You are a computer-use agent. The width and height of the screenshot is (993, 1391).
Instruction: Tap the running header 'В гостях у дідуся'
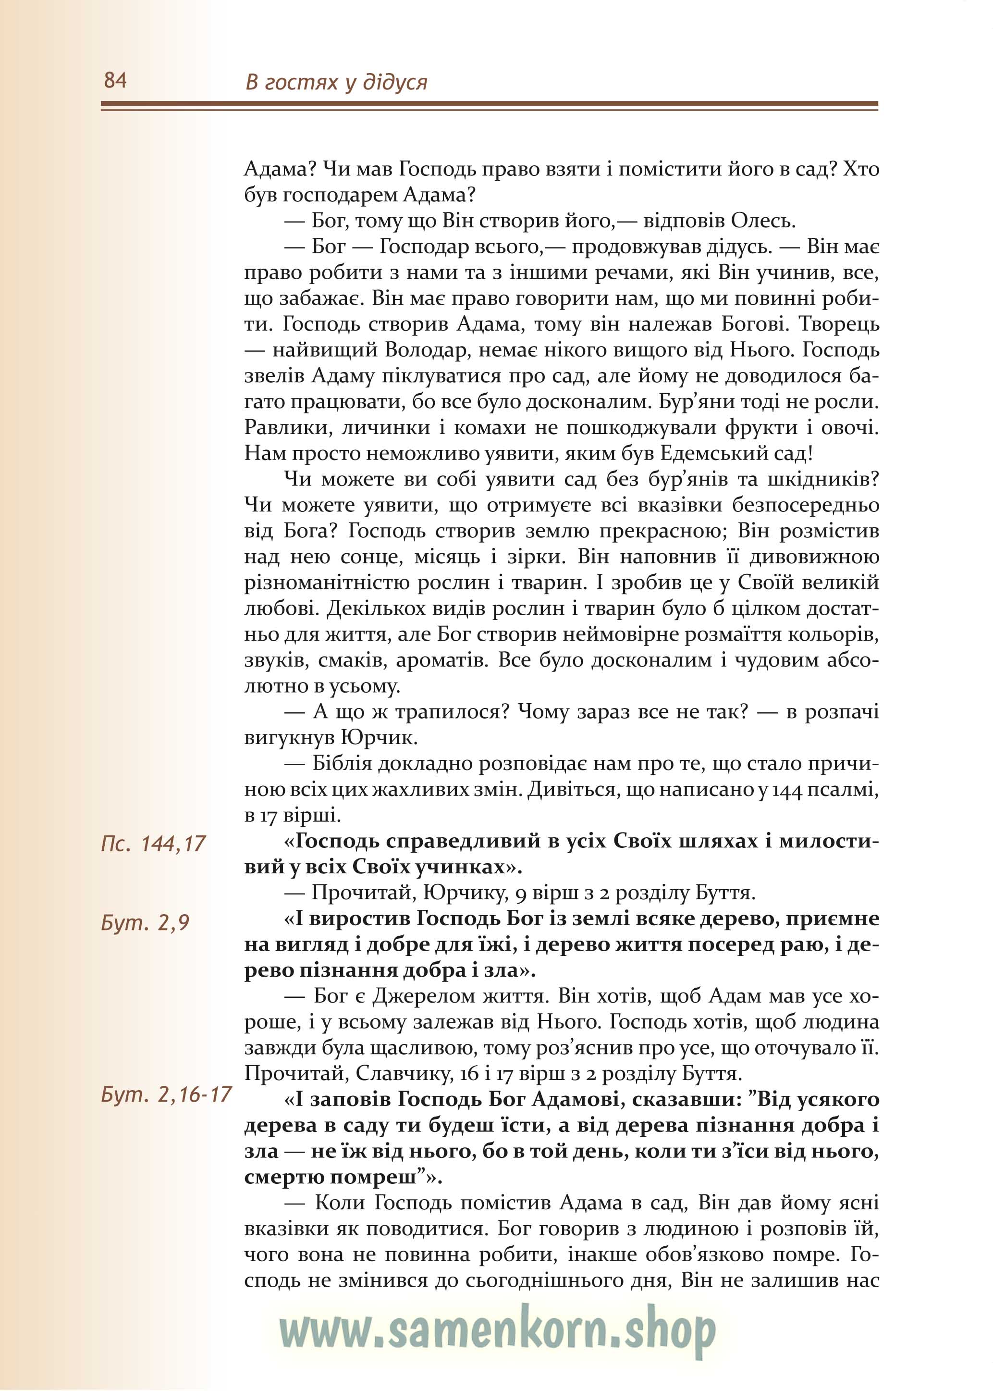tap(336, 82)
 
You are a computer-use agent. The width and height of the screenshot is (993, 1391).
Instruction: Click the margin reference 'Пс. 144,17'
tap(153, 844)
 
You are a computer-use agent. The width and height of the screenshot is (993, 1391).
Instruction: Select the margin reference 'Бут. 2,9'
tap(145, 922)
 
